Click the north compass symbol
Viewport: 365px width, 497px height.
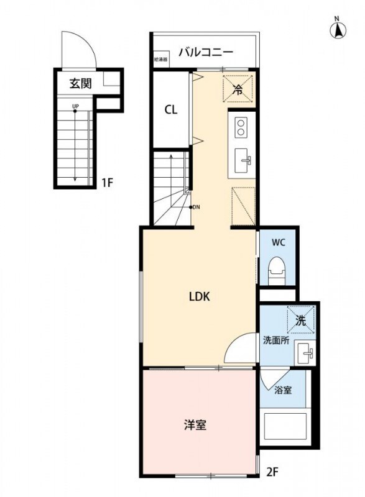point(338,29)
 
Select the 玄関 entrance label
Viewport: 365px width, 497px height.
point(80,83)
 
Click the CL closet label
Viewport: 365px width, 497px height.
point(171,111)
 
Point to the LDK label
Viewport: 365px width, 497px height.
point(200,296)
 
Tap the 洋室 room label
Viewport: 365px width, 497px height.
point(195,425)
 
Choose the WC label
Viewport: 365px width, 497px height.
point(277,242)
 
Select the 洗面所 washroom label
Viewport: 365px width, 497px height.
point(275,340)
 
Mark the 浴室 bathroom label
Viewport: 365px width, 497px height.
point(284,390)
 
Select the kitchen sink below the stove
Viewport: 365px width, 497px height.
point(242,162)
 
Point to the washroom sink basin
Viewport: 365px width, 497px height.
point(305,353)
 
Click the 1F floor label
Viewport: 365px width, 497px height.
point(107,183)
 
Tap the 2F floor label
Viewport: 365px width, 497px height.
point(273,471)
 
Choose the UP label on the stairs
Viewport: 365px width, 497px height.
point(75,106)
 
